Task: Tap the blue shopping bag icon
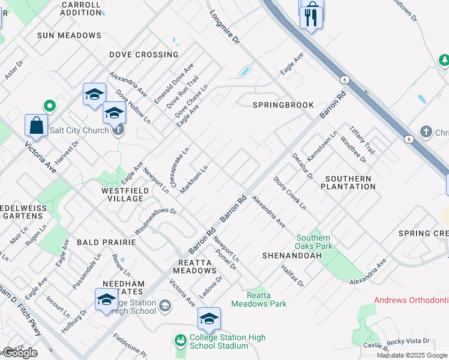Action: click(36, 126)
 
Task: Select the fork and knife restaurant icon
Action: click(311, 17)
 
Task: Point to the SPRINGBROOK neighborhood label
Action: click(283, 105)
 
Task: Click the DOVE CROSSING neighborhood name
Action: click(143, 55)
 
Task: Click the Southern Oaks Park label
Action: click(313, 242)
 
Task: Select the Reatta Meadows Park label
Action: click(267, 299)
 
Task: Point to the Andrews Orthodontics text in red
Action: click(411, 299)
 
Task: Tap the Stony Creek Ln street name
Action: click(290, 193)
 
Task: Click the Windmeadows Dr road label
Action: click(155, 220)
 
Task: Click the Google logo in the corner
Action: click(20, 353)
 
